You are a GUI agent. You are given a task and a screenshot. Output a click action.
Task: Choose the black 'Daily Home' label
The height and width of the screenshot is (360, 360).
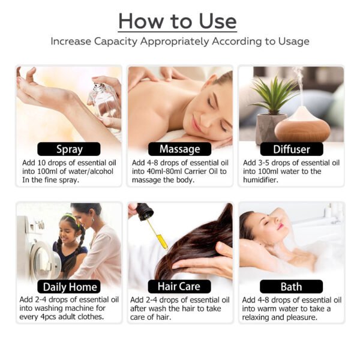click(69, 286)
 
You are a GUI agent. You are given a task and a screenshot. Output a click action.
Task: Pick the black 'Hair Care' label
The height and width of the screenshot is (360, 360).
click(179, 286)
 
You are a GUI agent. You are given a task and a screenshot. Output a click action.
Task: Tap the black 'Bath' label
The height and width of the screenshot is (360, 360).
click(291, 286)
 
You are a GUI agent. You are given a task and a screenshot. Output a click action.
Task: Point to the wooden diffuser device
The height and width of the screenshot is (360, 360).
click(302, 123)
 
